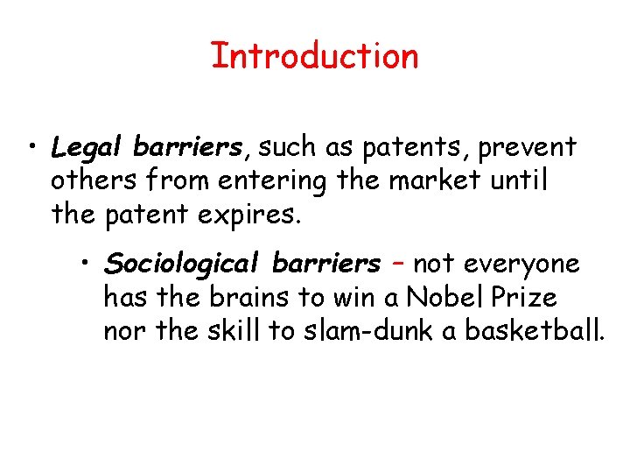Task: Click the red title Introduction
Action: click(314, 56)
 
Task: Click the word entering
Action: click(279, 181)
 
